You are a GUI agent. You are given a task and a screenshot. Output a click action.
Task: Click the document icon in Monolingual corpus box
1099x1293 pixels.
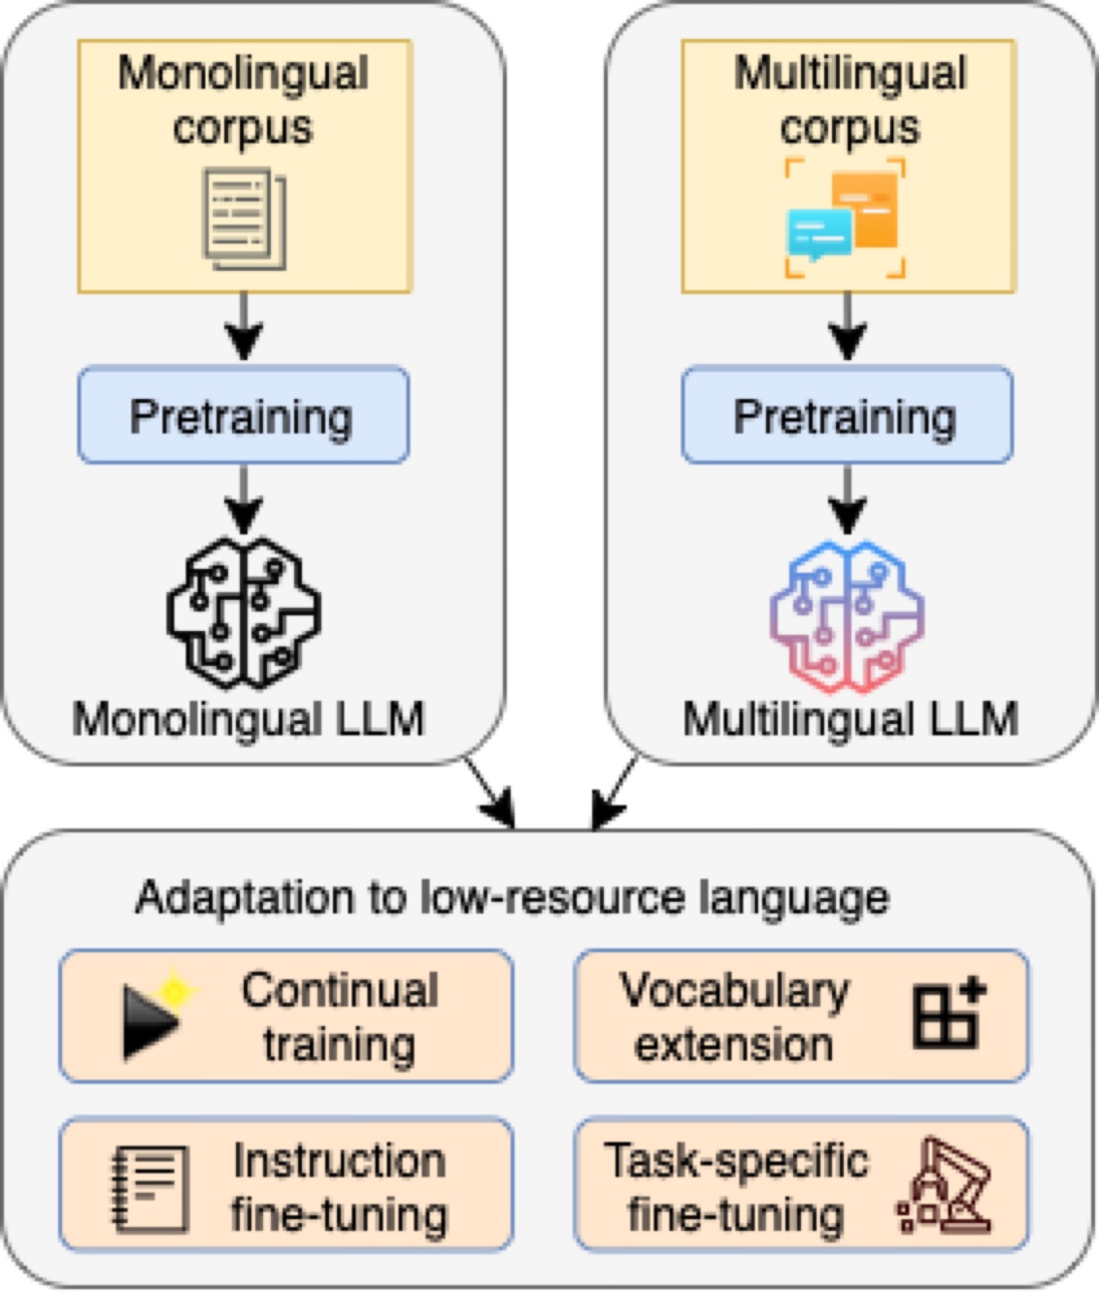click(244, 219)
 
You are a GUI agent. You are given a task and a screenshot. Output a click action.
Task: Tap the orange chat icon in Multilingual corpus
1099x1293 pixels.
click(865, 208)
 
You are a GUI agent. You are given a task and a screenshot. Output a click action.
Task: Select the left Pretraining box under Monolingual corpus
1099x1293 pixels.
click(243, 415)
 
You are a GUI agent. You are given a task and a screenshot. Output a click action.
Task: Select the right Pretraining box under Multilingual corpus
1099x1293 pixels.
click(847, 415)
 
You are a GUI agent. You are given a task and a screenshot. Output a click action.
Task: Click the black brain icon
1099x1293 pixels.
click(244, 613)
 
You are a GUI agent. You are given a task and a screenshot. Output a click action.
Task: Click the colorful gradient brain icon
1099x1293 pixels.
click(847, 616)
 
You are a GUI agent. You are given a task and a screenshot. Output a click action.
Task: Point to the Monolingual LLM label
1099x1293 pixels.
click(249, 720)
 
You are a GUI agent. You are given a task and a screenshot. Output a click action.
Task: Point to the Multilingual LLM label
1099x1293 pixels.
click(850, 720)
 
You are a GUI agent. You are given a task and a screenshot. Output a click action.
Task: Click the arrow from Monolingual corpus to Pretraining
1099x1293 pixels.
click(243, 328)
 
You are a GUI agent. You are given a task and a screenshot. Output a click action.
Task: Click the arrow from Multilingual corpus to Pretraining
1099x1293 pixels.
click(848, 328)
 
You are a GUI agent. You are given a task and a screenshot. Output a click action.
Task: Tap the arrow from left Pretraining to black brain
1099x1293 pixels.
click(243, 499)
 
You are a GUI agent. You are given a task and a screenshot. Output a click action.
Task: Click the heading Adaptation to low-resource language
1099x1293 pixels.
click(512, 897)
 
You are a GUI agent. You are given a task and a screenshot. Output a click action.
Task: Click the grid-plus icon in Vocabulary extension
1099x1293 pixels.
click(947, 1014)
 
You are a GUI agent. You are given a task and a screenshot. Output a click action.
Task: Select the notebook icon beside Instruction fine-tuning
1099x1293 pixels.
click(150, 1188)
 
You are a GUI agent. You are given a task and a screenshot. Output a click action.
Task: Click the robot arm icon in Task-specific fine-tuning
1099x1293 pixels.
click(944, 1186)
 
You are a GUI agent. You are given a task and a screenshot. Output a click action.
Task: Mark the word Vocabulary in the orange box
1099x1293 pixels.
click(734, 991)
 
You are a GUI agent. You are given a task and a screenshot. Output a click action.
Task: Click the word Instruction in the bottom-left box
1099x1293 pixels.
click(339, 1161)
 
